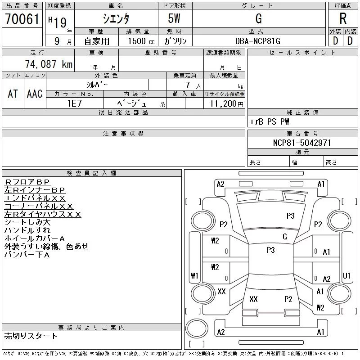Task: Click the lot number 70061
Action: pyautogui.click(x=22, y=19)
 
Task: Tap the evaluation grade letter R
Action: pyautogui.click(x=343, y=18)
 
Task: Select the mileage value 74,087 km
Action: pyautogui.click(x=49, y=64)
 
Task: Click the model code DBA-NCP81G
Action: pyautogui.click(x=257, y=41)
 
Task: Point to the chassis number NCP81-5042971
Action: pyautogui.click(x=302, y=143)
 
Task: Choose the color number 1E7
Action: pyautogui.click(x=74, y=103)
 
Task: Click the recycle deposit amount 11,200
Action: pyautogui.click(x=223, y=103)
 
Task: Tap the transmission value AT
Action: pyautogui.click(x=13, y=94)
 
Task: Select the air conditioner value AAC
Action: pyautogui.click(x=35, y=94)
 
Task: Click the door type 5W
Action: pyautogui.click(x=174, y=18)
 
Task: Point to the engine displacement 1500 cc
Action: pyautogui.click(x=141, y=41)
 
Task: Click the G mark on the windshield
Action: pyautogui.click(x=285, y=237)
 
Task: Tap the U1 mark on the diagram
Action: pyautogui.click(x=346, y=275)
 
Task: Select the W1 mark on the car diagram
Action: pyautogui.click(x=194, y=275)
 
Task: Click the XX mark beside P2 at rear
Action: pyautogui.click(x=253, y=299)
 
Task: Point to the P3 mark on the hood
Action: pyautogui.click(x=290, y=216)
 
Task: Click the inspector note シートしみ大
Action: pyautogui.click(x=27, y=222)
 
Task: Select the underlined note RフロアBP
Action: pyautogui.click(x=27, y=182)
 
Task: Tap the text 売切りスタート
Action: pyautogui.click(x=31, y=336)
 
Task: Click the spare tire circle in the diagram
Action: pyautogui.click(x=197, y=328)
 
